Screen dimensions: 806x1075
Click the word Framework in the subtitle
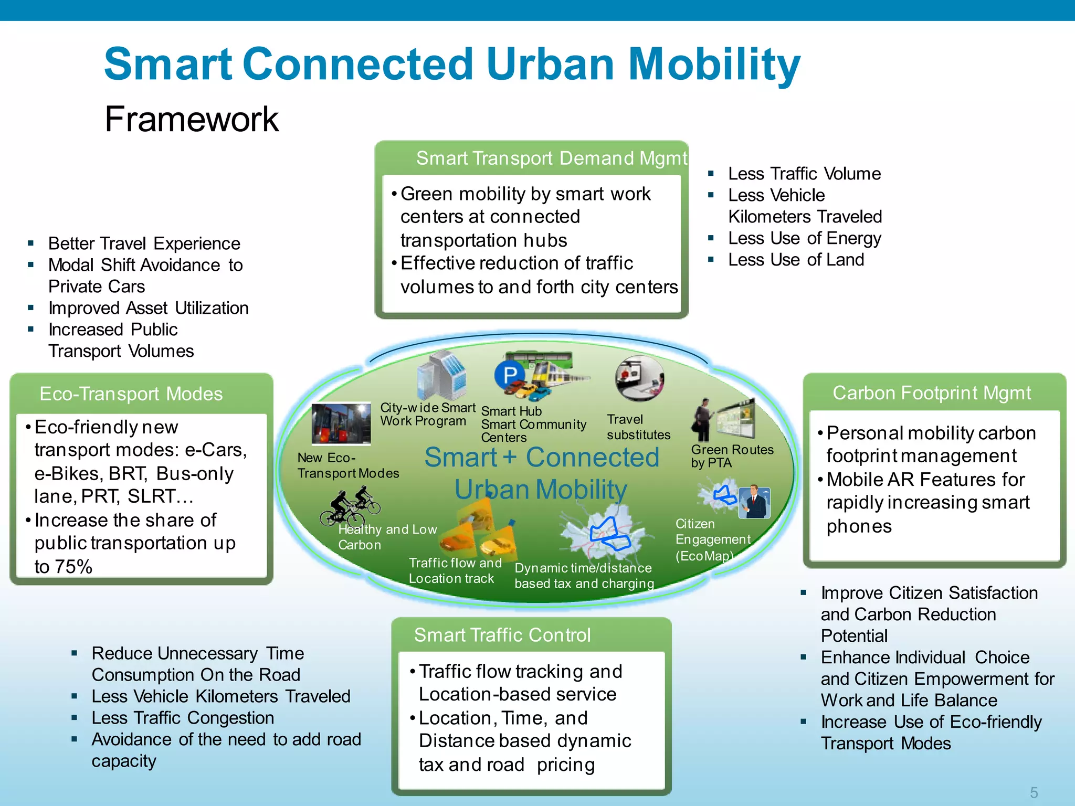pos(191,119)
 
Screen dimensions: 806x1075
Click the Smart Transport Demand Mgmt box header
pos(551,158)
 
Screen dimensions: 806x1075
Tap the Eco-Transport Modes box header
pos(131,394)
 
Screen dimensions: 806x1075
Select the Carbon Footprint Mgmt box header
pos(932,393)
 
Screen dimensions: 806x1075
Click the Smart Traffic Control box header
pos(502,635)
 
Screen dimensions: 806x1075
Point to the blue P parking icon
pos(510,375)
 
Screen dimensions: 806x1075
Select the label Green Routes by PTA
pos(732,456)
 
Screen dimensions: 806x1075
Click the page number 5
pos(1034,792)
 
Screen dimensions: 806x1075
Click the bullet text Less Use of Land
pos(795,260)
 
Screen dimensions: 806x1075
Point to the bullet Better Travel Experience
pos(144,243)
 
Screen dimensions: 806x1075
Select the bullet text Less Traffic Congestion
pos(183,718)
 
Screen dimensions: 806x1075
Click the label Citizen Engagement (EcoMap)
pos(712,539)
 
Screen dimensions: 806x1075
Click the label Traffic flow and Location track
pos(455,570)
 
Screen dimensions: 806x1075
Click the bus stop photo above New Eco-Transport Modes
pos(341,423)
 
